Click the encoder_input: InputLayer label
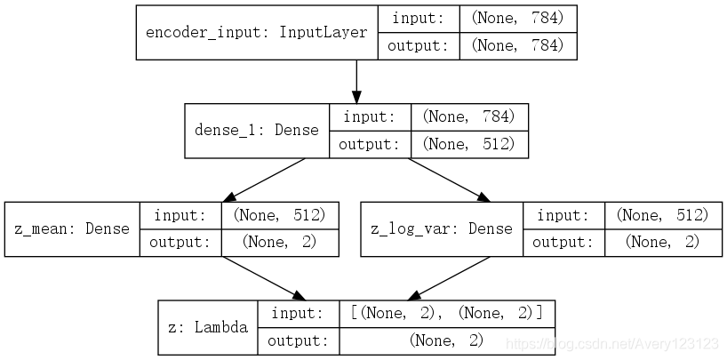tap(256, 33)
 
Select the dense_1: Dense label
tap(256, 130)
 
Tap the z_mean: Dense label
tap(72, 228)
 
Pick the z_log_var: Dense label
tap(441, 228)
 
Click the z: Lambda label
tap(207, 327)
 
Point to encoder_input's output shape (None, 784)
tap(517, 45)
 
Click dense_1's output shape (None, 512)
tap(469, 143)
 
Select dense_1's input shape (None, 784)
tap(469, 116)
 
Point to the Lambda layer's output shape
tap(447, 340)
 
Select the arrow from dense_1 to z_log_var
tap(448, 180)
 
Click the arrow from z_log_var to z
tap(448, 277)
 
